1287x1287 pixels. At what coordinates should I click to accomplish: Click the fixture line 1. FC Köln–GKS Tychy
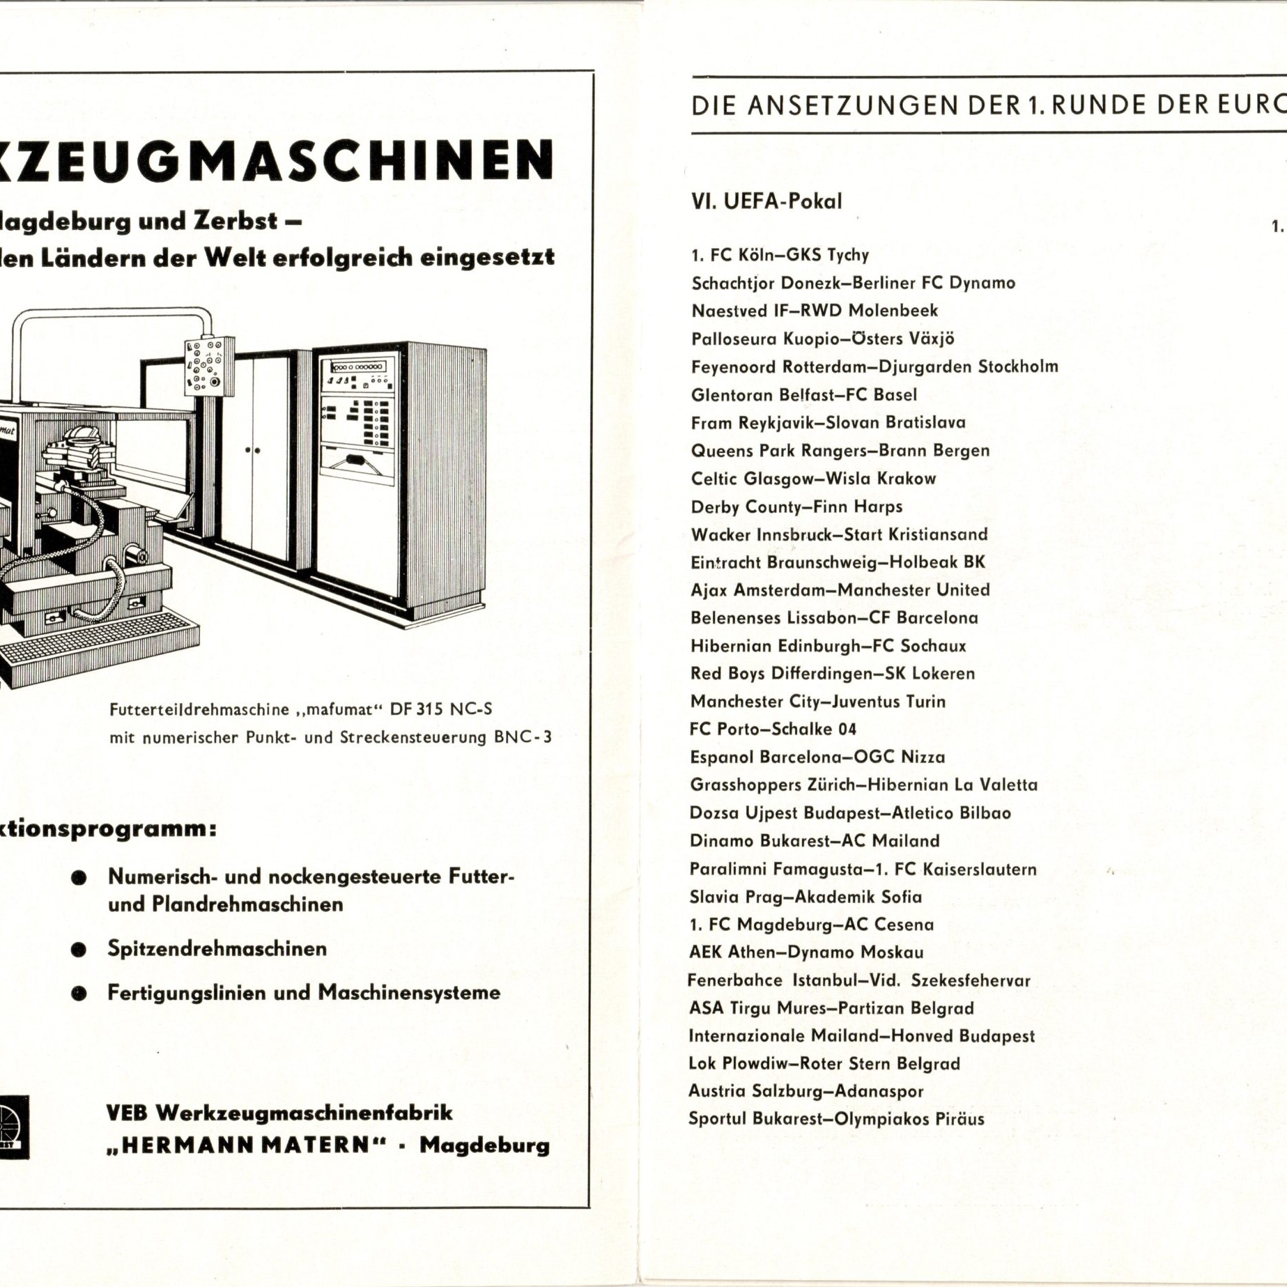point(780,255)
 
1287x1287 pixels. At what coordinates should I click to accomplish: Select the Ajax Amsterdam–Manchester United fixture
point(840,590)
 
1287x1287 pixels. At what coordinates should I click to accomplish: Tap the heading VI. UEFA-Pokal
point(766,201)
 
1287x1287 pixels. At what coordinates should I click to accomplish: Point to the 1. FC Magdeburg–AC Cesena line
point(811,925)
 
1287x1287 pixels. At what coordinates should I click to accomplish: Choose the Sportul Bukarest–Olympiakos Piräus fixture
point(836,1119)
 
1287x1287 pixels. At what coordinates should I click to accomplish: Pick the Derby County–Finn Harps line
point(796,507)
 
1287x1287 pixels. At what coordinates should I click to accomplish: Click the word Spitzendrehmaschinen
point(217,948)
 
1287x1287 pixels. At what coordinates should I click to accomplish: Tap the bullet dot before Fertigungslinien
point(79,994)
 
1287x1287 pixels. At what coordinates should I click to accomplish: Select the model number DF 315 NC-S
point(440,709)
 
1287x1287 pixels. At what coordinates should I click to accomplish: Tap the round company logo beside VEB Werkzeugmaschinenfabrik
point(13,1127)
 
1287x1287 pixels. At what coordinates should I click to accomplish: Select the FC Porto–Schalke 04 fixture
point(773,730)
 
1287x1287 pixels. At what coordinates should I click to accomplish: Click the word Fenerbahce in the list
point(734,980)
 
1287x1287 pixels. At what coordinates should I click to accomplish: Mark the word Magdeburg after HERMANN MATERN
point(484,1146)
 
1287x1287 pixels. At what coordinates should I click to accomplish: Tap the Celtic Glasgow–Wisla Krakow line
point(813,479)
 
